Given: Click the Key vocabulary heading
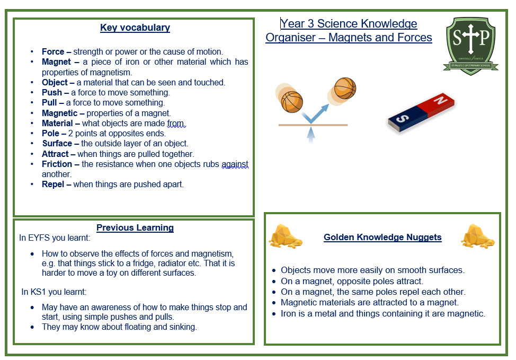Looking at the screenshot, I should [x=135, y=28].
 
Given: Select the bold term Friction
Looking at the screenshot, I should [x=57, y=164].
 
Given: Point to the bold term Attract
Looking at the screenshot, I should [x=56, y=154].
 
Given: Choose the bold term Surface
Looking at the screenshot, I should [x=57, y=144].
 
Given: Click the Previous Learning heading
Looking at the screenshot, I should [x=135, y=228].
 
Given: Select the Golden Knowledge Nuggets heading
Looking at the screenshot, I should [x=382, y=238].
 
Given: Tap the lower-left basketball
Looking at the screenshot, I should [x=292, y=102].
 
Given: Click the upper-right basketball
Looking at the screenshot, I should [x=344, y=88].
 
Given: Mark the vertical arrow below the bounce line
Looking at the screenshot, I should [x=311, y=135].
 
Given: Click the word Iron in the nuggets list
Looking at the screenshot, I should [x=289, y=313].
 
